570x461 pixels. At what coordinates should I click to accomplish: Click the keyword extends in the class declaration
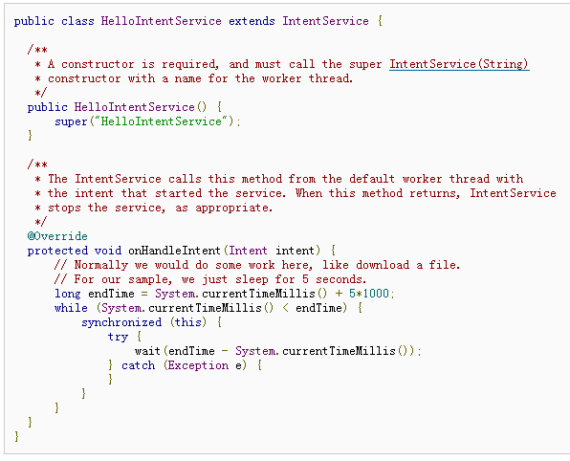(252, 21)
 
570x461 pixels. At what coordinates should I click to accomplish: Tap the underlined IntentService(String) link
(459, 64)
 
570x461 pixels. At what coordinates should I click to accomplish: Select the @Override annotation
(57, 236)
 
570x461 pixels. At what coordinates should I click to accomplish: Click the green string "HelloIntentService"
(162, 121)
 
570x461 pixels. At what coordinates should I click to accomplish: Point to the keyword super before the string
(71, 121)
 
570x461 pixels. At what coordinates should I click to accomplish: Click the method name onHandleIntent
(174, 251)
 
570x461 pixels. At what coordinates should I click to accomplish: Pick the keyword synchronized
(121, 322)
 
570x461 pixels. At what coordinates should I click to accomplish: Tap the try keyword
(118, 337)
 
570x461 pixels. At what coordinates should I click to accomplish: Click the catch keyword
(138, 365)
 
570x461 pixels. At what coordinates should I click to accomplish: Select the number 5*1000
(369, 294)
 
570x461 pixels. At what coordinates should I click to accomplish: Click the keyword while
(71, 308)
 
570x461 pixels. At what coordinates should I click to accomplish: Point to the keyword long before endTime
(67, 294)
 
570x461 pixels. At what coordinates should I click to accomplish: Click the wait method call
(147, 351)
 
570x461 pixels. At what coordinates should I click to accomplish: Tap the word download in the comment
(383, 265)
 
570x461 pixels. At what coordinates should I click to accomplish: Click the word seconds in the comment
(340, 279)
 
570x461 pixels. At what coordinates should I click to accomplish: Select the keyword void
(108, 251)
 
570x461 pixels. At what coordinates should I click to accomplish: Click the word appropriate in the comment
(233, 208)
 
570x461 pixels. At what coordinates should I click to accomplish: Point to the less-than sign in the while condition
(286, 308)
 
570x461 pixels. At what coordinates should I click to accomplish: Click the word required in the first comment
(189, 64)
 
